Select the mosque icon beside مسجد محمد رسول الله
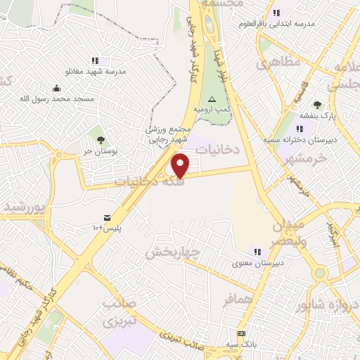click(x=56, y=89)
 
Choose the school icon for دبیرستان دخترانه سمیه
click(x=301, y=129)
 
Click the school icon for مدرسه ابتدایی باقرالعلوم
click(x=276, y=13)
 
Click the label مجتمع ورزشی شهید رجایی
click(x=167, y=134)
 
